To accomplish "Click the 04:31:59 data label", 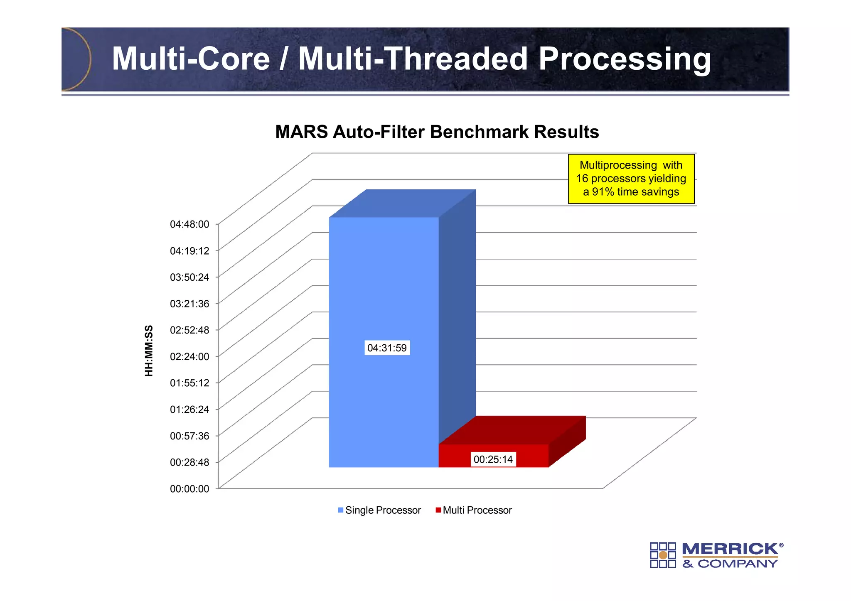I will pyautogui.click(x=387, y=348).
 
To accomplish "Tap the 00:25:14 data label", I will pyautogui.click(x=493, y=459).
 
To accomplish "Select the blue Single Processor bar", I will pyautogui.click(x=383, y=291).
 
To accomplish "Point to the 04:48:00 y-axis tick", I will pyautogui.click(x=189, y=224).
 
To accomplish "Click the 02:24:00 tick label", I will pyautogui.click(x=189, y=356).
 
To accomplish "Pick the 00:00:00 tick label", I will pyautogui.click(x=189, y=489).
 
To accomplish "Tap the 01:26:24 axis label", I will pyautogui.click(x=189, y=410).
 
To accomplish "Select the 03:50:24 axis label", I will pyautogui.click(x=189, y=277).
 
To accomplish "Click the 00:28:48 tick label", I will pyautogui.click(x=189, y=462).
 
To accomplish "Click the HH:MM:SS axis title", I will pyautogui.click(x=149, y=351).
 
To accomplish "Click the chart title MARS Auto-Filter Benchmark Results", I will pyautogui.click(x=437, y=132).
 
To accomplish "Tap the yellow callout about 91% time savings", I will pyautogui.click(x=631, y=179).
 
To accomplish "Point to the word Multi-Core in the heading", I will pyautogui.click(x=191, y=59).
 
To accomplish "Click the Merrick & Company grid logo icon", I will pyautogui.click(x=663, y=555).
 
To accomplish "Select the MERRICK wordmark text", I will pyautogui.click(x=730, y=549).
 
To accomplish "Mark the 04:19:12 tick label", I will pyautogui.click(x=189, y=251).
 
